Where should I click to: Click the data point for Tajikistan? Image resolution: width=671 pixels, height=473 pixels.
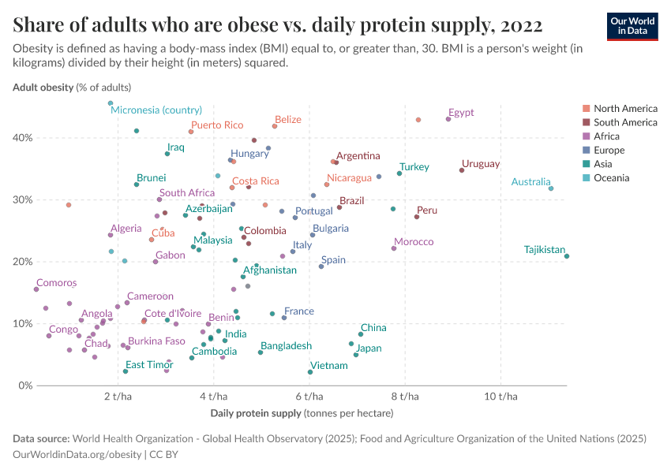(x=567, y=256)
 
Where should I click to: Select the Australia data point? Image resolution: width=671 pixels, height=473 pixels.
(x=551, y=188)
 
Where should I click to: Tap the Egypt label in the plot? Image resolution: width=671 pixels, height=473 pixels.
(x=460, y=113)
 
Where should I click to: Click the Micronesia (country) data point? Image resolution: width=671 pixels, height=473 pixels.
(x=111, y=103)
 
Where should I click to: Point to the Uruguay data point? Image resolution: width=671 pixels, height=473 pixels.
(x=462, y=170)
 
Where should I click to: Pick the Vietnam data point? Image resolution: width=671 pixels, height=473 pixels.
(x=309, y=372)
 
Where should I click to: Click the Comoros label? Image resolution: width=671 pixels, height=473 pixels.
(x=56, y=282)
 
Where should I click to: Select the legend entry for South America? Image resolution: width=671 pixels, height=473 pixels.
(x=625, y=122)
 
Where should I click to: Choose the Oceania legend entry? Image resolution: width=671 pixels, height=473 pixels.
(x=611, y=178)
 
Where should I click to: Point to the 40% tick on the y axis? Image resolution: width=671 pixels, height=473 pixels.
(x=22, y=138)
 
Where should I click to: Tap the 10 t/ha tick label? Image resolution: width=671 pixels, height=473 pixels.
(x=500, y=397)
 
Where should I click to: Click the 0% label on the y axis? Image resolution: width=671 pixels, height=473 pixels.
(x=25, y=385)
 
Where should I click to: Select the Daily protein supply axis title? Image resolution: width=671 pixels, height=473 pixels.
(x=302, y=412)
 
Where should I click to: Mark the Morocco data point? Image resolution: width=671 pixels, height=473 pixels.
(x=394, y=248)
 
